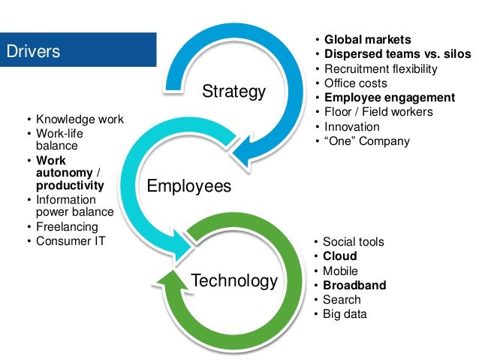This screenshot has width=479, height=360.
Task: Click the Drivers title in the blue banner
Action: pyautogui.click(x=33, y=52)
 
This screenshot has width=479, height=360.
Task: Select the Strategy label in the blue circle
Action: pyautogui.click(x=234, y=92)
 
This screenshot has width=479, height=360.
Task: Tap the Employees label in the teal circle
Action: pyautogui.click(x=188, y=186)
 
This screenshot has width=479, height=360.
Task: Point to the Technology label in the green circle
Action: pyautogui.click(x=234, y=281)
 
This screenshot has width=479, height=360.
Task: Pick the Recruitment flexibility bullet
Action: pyautogui.click(x=386, y=68)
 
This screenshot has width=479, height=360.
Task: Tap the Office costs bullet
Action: pyautogui.click(x=355, y=83)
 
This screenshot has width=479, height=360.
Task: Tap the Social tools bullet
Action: pyautogui.click(x=353, y=242)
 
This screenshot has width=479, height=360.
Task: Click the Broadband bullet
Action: pyautogui.click(x=354, y=286)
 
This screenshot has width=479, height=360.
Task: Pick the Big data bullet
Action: pyautogui.click(x=345, y=314)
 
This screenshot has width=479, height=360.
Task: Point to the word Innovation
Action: pyautogui.click(x=351, y=126)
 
